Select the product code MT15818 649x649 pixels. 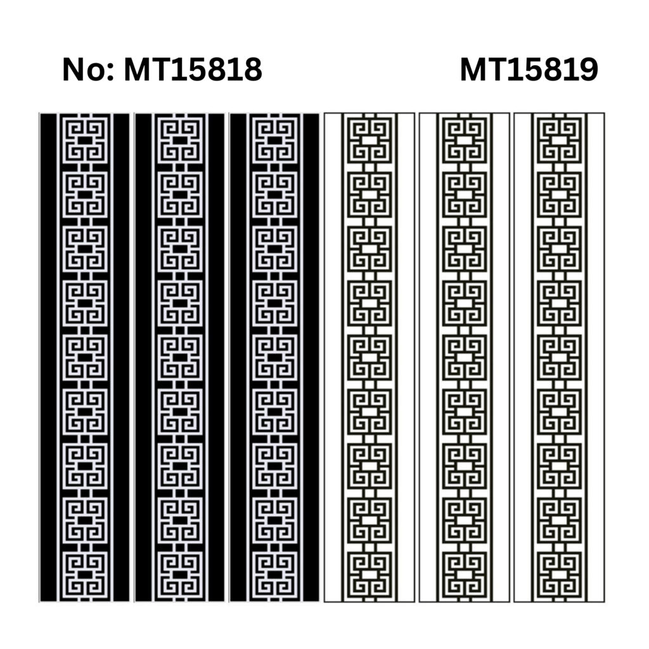point(193,70)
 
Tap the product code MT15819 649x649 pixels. point(529,70)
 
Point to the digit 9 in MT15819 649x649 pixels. point(588,70)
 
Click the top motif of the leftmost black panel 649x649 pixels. point(85,140)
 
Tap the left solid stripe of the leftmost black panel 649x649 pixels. point(48,357)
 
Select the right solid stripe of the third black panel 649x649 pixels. point(311,357)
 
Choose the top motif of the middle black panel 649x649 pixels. point(180,140)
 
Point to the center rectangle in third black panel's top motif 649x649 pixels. point(275,141)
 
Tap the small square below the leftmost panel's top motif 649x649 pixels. point(85,167)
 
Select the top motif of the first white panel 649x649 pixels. point(369,140)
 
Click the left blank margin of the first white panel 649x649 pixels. point(333,357)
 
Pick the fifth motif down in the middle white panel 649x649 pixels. point(465,357)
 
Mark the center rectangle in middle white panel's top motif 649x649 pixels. point(465,141)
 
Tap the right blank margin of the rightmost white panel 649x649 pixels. point(596,357)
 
